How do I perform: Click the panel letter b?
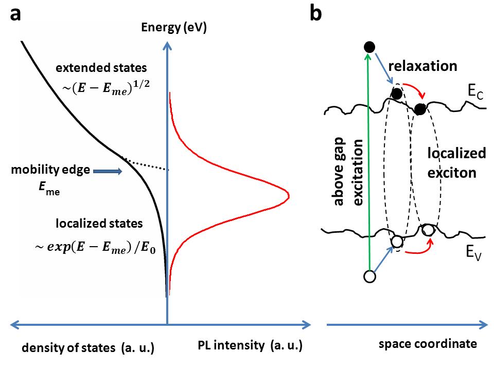coord(315,14)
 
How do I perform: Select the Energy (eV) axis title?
coord(174,29)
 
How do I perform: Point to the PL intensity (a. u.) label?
coord(249,346)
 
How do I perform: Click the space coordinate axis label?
coord(428,344)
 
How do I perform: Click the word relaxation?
coord(423,66)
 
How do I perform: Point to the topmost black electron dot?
coord(369,47)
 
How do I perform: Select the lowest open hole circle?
coord(369,276)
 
